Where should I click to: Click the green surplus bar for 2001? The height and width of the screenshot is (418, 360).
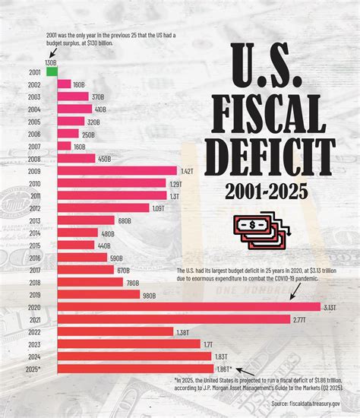pyautogui.click(x=52, y=72)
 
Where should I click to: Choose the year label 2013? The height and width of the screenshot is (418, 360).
pyautogui.click(x=34, y=220)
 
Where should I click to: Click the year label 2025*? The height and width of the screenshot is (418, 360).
pyautogui.click(x=33, y=369)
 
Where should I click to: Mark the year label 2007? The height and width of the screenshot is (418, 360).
pyautogui.click(x=34, y=146)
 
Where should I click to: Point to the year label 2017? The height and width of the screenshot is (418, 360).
pyautogui.click(x=34, y=270)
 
